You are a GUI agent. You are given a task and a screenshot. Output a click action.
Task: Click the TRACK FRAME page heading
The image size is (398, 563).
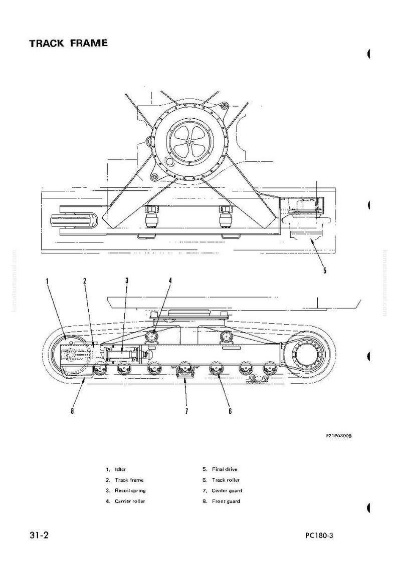68,44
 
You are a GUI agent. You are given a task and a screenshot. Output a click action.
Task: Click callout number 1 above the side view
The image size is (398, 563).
47,281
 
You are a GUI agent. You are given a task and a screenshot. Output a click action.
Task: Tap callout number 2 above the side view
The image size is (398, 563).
85,281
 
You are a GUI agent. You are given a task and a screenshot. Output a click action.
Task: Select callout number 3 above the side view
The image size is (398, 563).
127,281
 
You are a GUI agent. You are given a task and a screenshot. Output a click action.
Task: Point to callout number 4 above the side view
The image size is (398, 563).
170,281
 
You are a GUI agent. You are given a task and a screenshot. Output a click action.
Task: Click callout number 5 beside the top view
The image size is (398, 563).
325,270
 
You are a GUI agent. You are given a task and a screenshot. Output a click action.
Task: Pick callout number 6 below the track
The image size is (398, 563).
230,411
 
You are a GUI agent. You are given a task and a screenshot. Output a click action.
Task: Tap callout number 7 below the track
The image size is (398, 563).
186,411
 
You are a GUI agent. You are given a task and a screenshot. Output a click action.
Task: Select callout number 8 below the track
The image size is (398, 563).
72,411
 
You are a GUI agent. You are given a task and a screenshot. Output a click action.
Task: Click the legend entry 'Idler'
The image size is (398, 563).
120,469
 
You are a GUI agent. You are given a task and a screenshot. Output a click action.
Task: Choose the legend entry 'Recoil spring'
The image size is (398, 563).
130,490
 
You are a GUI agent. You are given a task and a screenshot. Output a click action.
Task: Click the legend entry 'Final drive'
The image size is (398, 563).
225,469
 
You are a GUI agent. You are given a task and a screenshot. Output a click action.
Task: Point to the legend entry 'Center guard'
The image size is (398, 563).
227,490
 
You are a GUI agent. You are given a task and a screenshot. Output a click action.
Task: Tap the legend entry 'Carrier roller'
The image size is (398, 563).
130,501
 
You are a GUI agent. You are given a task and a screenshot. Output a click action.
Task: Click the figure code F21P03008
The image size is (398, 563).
339,436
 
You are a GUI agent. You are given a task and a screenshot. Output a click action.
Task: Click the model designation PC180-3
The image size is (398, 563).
319,536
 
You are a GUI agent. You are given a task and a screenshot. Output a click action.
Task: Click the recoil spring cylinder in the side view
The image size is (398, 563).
121,354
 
